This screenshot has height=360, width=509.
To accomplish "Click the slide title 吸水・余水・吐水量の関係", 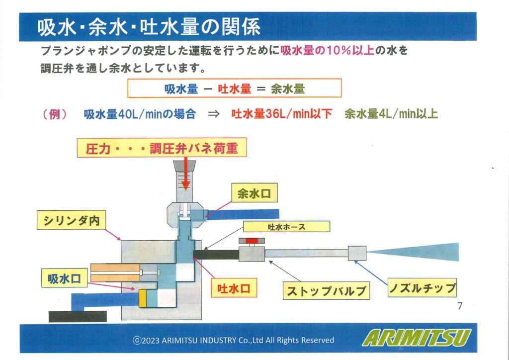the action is (149, 27).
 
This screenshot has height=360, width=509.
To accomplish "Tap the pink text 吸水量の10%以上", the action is (327, 51).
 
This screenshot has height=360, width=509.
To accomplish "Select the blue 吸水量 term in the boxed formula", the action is (181, 89).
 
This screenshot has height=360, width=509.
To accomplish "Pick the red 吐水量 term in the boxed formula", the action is (235, 89).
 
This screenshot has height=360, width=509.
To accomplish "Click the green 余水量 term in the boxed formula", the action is (288, 89).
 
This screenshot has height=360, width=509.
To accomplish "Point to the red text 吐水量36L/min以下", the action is (282, 114).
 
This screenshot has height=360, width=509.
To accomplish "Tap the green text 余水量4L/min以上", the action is (391, 114).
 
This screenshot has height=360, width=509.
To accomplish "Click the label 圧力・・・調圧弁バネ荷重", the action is (162, 148).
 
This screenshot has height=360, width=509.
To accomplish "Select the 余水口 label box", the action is (254, 193).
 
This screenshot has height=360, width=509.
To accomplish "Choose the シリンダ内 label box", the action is (71, 220).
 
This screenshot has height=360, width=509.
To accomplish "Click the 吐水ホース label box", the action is (287, 227).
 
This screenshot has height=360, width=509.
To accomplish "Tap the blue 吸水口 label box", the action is (64, 278).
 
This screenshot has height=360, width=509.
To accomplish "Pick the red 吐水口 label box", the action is (234, 288).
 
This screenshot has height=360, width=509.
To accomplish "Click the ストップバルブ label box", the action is (326, 291).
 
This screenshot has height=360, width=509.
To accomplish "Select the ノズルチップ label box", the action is (423, 287).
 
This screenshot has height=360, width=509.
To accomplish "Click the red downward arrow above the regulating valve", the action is (185, 174).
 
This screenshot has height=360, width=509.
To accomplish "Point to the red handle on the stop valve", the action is (252, 241).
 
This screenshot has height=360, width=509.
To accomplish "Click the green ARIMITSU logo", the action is (417, 338).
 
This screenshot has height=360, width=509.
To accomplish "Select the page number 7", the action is (460, 306).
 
